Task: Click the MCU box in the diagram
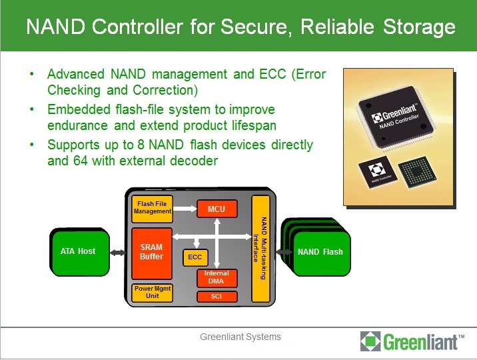[x=217, y=209]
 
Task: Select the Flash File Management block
[x=153, y=207]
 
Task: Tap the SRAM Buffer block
[x=151, y=253]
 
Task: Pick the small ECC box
[x=195, y=257]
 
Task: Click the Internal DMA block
[x=217, y=277]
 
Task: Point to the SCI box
[x=217, y=296]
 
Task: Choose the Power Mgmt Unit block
[x=153, y=292]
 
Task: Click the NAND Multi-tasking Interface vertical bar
[x=260, y=248]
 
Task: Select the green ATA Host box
[x=79, y=251]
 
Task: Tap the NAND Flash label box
[x=320, y=252]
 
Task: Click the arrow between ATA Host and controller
[x=118, y=252]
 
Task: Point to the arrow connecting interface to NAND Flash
[x=282, y=251]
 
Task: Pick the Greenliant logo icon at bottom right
[x=370, y=341]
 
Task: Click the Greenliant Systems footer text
[x=240, y=337]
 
